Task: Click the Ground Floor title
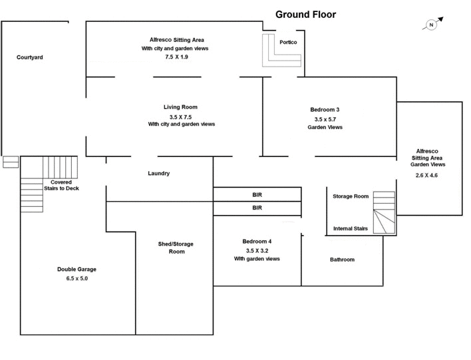click(305, 14)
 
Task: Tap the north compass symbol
click(430, 25)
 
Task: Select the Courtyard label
click(30, 58)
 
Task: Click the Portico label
click(288, 43)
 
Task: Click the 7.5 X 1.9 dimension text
click(176, 58)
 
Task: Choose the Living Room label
click(180, 107)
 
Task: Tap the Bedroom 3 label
click(325, 110)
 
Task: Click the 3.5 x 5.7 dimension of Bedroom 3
click(325, 119)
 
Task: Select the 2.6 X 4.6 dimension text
click(426, 176)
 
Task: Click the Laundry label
click(159, 174)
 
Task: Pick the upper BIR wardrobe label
click(257, 195)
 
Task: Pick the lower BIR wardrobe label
click(257, 208)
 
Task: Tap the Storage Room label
click(351, 196)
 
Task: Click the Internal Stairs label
click(351, 229)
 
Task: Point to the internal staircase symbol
click(383, 213)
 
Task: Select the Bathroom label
click(343, 260)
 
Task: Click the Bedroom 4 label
click(257, 241)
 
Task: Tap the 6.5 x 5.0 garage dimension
click(77, 279)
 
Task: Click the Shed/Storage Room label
click(176, 248)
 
